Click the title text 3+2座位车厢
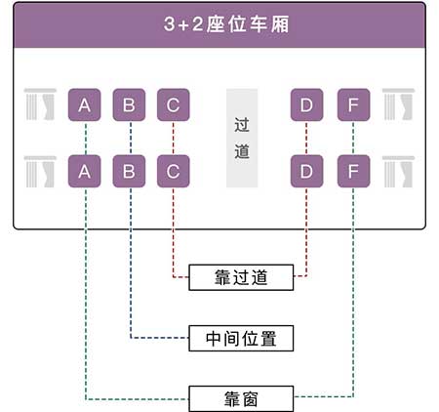pos(226,24)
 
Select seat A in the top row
pos(84,104)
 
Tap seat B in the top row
pos(129,104)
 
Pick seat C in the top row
pos(174,104)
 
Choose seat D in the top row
pos(306,104)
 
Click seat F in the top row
pos(353,104)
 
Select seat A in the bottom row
pos(84,171)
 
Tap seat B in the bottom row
pos(129,171)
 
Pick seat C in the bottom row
pos(174,171)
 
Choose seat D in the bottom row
pos(306,171)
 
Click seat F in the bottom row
pos(353,171)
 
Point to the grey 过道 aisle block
pos(242,138)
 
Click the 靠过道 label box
pos(241,277)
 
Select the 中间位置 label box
pos(241,339)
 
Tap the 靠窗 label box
pos(241,399)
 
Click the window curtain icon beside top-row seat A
pos(40,104)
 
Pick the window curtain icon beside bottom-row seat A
pos(40,172)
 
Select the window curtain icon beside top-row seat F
pos(398,104)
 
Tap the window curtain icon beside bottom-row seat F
pos(398,172)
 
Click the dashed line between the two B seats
pos(131,138)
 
